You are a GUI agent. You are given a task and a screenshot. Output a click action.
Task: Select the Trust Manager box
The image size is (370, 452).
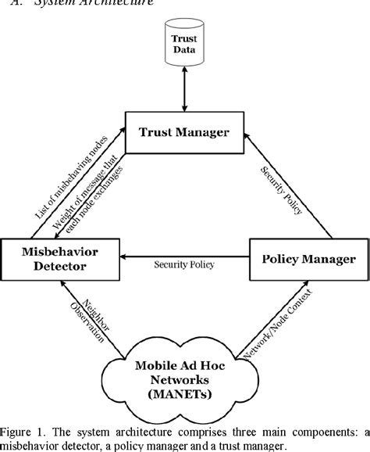coord(185,132)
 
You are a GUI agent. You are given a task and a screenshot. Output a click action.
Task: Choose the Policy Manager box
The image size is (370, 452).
coord(307,259)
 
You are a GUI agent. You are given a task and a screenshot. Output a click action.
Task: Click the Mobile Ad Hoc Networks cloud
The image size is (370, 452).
coord(185,376)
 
